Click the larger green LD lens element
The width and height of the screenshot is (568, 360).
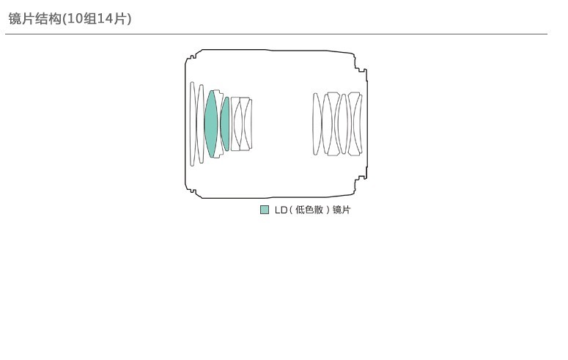click(x=211, y=124)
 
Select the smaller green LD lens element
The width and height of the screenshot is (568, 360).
click(x=225, y=124)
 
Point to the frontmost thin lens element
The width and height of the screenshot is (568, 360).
click(x=192, y=124)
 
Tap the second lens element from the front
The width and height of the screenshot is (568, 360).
click(x=200, y=124)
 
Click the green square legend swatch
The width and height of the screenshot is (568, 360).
click(x=265, y=210)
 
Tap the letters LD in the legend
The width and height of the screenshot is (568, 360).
click(x=281, y=210)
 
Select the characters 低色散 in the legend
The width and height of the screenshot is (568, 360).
click(x=309, y=210)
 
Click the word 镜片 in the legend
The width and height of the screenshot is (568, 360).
click(x=342, y=210)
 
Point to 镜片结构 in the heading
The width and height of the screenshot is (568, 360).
click(x=34, y=18)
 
